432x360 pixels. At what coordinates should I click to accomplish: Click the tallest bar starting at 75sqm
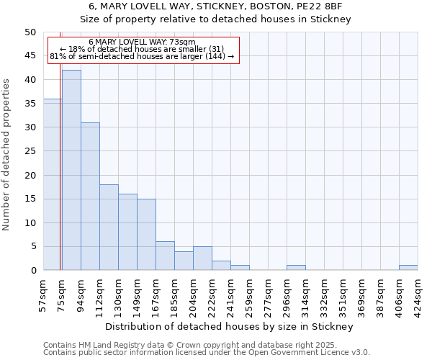click(x=71, y=170)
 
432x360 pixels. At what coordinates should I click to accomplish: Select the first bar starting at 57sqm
click(x=52, y=184)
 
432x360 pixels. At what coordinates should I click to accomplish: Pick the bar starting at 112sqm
click(x=109, y=227)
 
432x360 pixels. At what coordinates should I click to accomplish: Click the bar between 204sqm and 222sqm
click(x=202, y=258)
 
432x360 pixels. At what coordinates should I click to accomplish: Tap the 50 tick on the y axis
click(x=30, y=32)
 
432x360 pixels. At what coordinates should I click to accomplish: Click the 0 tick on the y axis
click(x=32, y=270)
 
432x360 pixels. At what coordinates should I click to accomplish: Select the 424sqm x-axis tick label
click(x=418, y=294)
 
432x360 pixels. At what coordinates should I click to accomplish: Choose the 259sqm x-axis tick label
click(x=249, y=294)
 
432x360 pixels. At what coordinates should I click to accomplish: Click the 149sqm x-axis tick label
click(x=137, y=294)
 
